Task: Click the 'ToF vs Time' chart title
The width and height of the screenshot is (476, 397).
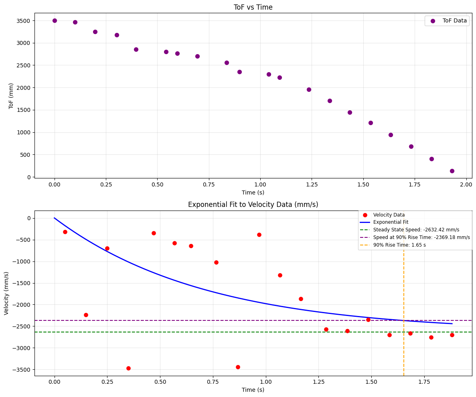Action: [x=253, y=7]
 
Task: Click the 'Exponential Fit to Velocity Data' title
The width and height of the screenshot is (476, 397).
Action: [x=253, y=205]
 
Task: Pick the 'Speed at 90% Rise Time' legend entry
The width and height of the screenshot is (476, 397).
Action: [x=421, y=237]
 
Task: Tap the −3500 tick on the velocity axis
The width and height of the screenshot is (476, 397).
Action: [x=23, y=370]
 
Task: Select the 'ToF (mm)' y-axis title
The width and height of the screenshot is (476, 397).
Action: [x=11, y=96]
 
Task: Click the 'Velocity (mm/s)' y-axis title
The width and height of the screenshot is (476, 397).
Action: [x=6, y=293]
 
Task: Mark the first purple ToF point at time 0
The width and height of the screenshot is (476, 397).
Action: [x=55, y=20]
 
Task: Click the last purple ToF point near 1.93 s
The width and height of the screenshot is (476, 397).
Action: [x=452, y=171]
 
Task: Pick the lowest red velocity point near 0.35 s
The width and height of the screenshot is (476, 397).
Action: [x=128, y=368]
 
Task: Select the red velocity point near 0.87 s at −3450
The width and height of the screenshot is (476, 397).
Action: [x=238, y=367]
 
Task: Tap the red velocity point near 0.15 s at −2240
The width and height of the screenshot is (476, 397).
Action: [x=86, y=315]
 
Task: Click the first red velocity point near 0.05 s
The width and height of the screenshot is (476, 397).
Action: [x=65, y=232]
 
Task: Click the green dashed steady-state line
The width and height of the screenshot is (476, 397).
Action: [x=201, y=332]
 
